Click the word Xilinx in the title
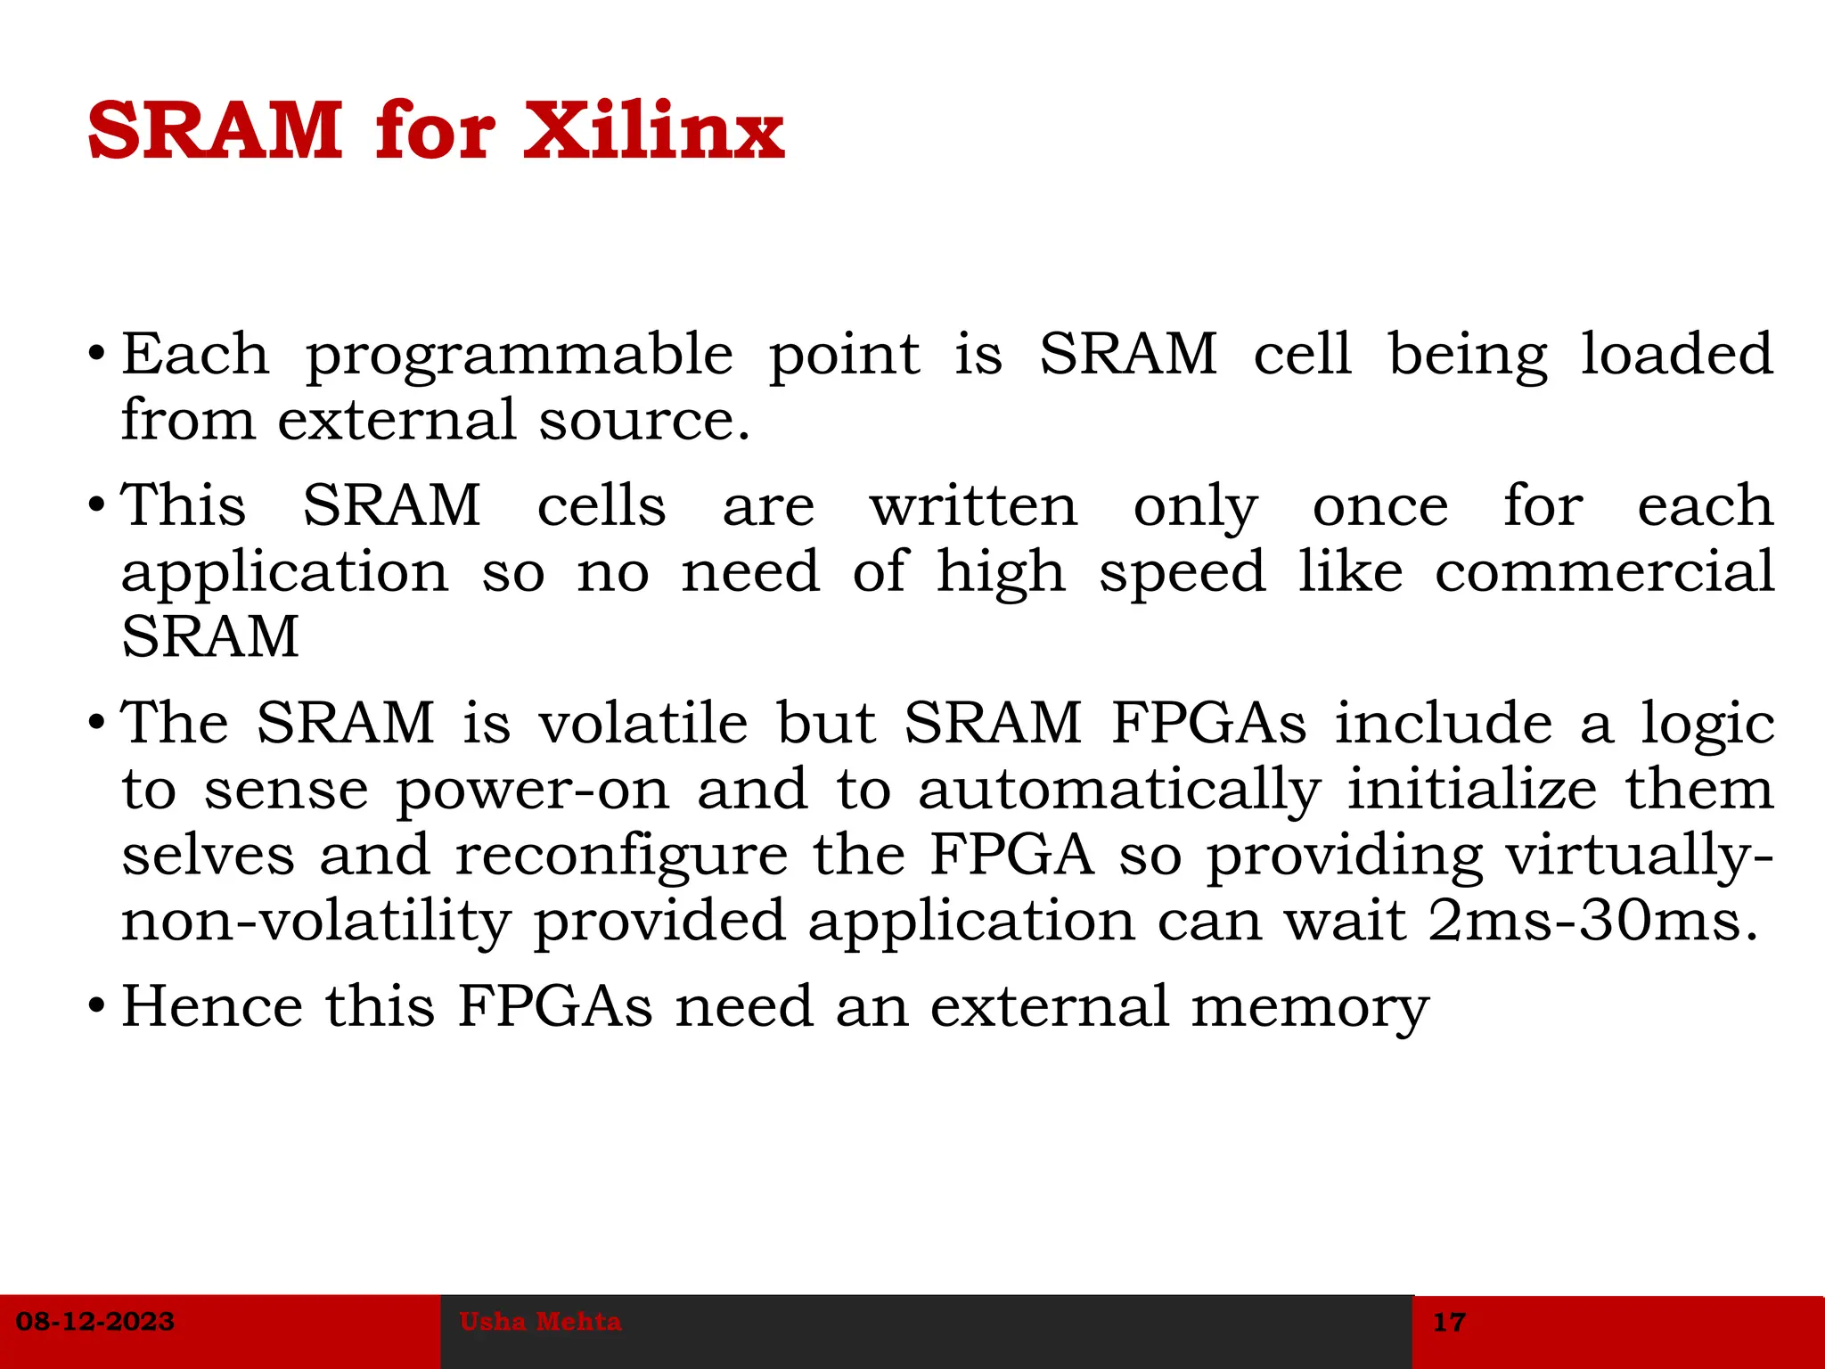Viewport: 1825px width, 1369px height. pos(653,131)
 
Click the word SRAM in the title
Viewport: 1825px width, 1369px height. pos(215,131)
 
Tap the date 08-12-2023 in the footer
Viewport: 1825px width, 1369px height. pos(95,1321)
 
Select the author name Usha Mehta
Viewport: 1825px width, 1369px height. pos(540,1321)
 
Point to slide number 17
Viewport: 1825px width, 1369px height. pos(1449,1322)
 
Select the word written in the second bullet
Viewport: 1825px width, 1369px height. pos(973,506)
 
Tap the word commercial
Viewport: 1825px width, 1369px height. pos(1604,571)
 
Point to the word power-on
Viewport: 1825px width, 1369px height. pos(532,790)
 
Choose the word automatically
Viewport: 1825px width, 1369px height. pos(1119,791)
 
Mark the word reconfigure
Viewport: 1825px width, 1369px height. pos(621,856)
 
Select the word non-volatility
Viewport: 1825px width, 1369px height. pos(315,922)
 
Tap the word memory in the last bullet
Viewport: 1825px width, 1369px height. pos(1310,1008)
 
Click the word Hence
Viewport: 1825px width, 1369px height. pos(212,1006)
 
